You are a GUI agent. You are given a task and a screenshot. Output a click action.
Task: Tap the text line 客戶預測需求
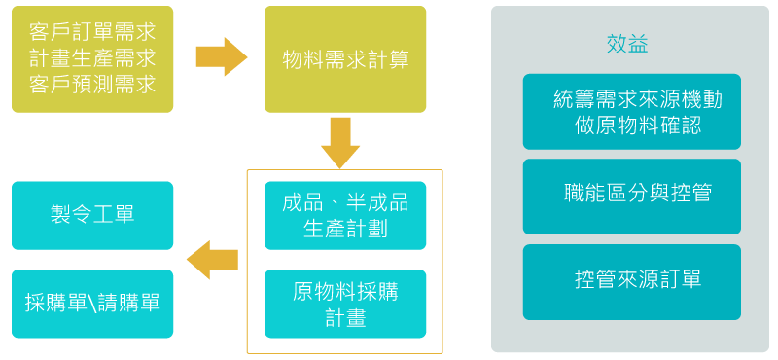click(x=92, y=84)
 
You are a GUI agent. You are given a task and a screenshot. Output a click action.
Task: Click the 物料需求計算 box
click(x=345, y=59)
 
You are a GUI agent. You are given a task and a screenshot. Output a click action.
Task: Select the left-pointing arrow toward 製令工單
click(x=212, y=260)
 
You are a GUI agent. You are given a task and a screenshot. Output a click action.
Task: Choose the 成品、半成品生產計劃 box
click(x=345, y=214)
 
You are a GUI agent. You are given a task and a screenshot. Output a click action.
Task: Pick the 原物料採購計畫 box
click(x=345, y=304)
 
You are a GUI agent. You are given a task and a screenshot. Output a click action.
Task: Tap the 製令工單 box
click(x=92, y=214)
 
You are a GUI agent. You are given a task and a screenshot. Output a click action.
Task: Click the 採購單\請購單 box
click(x=92, y=303)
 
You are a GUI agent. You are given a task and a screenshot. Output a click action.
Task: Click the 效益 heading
click(x=627, y=45)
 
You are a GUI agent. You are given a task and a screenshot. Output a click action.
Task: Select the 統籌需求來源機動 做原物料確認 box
click(x=631, y=112)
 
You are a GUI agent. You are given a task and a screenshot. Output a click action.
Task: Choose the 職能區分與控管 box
click(x=631, y=194)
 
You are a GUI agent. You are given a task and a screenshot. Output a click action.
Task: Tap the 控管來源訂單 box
click(x=631, y=281)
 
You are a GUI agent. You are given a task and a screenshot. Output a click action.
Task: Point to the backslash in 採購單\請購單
click(x=92, y=303)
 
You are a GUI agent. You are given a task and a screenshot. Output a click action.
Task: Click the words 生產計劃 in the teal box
click(x=345, y=227)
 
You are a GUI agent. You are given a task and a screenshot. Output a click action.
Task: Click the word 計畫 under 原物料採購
click(x=345, y=317)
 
